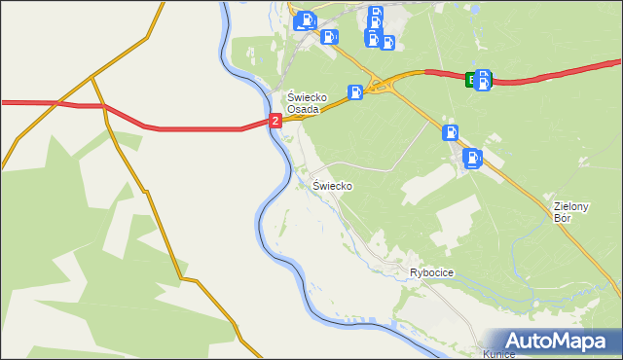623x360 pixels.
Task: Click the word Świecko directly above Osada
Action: click(x=305, y=97)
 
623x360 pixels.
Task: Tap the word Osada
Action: click(x=304, y=109)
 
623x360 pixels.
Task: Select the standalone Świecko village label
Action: click(x=332, y=185)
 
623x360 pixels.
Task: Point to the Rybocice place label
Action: click(x=432, y=273)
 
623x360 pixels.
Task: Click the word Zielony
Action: click(x=572, y=206)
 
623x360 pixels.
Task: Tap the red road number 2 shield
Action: click(x=275, y=120)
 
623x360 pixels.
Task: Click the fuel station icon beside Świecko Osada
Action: click(x=356, y=92)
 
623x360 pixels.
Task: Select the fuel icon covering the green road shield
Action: click(x=483, y=80)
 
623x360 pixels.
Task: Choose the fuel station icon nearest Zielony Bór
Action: click(x=472, y=158)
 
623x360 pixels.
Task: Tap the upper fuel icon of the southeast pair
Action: click(x=450, y=133)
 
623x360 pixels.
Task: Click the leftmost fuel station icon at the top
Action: click(x=306, y=18)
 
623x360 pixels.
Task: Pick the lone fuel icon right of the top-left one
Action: click(x=330, y=37)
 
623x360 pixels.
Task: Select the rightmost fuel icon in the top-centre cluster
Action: click(x=386, y=42)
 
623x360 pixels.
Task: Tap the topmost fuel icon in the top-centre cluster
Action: click(x=376, y=14)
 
